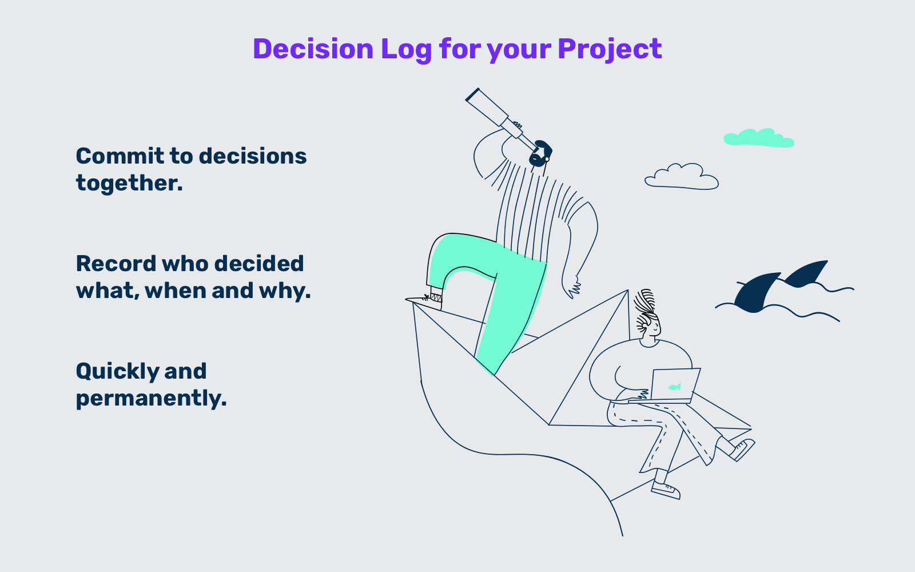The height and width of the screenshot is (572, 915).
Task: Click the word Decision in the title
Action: [313, 49]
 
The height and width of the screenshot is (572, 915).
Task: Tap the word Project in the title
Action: [610, 50]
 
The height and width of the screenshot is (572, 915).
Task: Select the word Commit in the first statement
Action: [120, 156]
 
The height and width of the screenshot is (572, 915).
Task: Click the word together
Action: [129, 183]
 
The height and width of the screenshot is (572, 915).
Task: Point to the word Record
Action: [116, 264]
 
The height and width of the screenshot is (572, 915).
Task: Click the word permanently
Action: [151, 398]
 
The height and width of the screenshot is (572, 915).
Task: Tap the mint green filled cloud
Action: [758, 138]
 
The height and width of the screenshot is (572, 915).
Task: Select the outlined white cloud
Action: [681, 177]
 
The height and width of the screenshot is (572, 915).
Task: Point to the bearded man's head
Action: [540, 154]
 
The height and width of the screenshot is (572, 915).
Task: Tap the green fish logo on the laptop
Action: [674, 387]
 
